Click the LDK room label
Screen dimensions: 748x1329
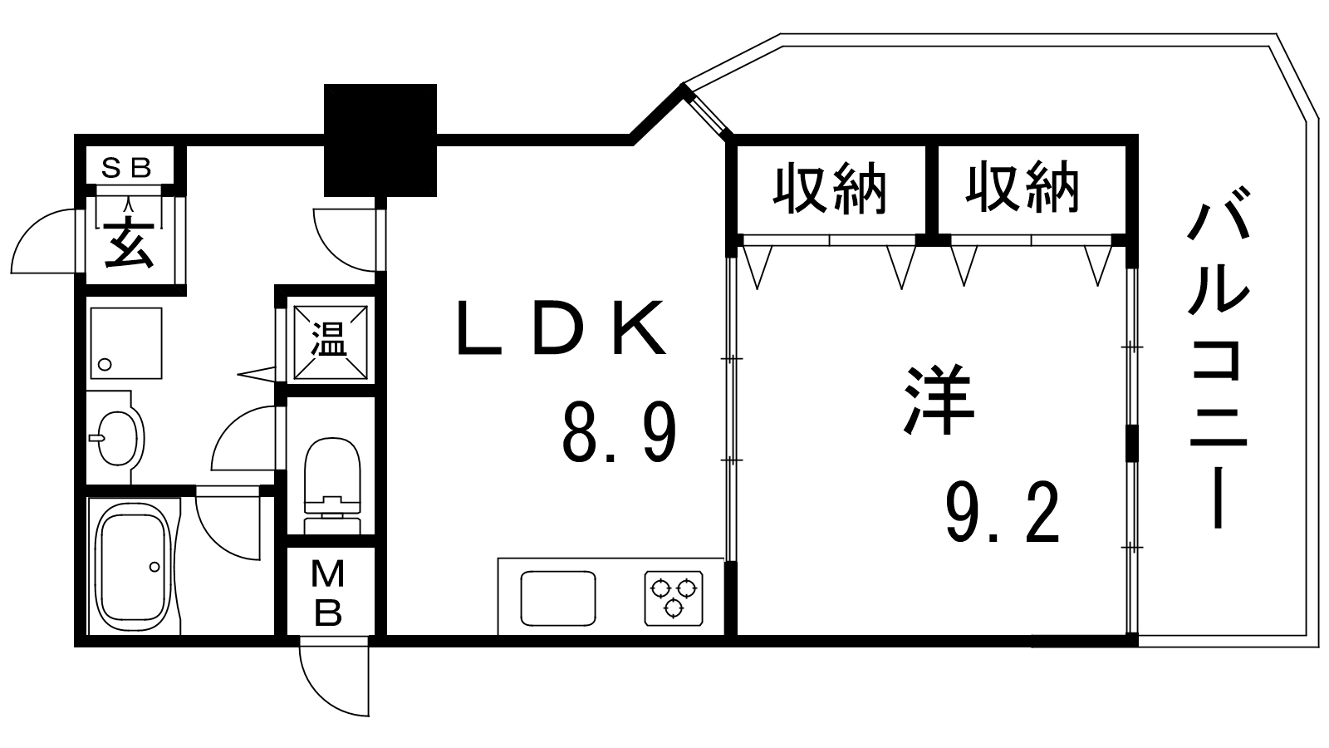562,327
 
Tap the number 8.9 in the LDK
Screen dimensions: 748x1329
619,431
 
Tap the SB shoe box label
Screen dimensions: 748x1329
126,169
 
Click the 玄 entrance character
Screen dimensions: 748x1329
130,244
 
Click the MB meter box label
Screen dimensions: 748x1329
329,593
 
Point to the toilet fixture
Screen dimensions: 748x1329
331,482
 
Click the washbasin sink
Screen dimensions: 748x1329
116,437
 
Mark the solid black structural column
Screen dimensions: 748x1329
380,140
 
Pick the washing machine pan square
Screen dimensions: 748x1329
125,342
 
